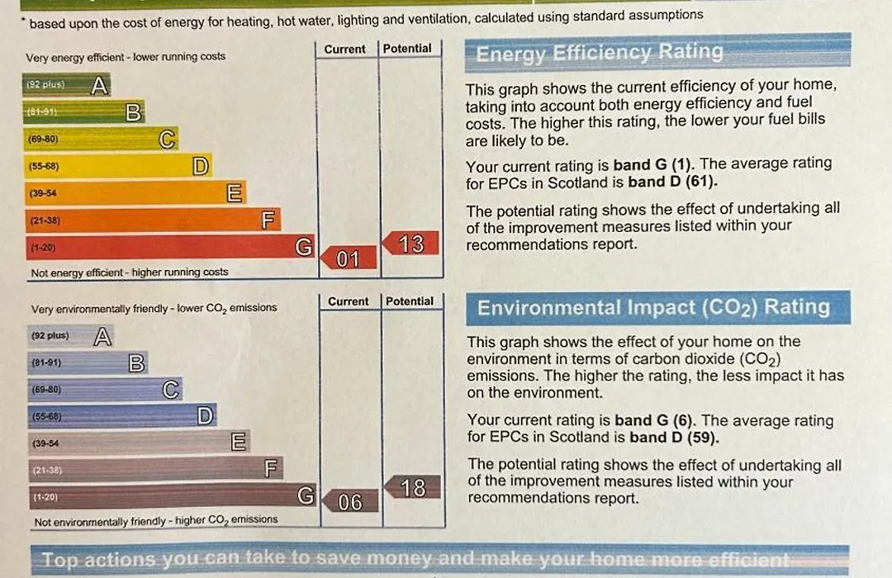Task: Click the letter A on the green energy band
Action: tap(99, 85)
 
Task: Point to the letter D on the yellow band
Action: tap(200, 167)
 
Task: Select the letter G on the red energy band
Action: tap(304, 247)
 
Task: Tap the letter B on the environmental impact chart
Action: tap(137, 362)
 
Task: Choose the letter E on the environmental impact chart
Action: tap(239, 443)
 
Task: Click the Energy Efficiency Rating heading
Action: tap(600, 54)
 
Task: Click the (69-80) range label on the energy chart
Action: tap(43, 140)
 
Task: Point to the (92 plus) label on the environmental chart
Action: tap(50, 336)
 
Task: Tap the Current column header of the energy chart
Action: tap(344, 49)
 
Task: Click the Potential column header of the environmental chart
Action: tap(410, 301)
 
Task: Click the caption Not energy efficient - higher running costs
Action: tap(130, 272)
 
